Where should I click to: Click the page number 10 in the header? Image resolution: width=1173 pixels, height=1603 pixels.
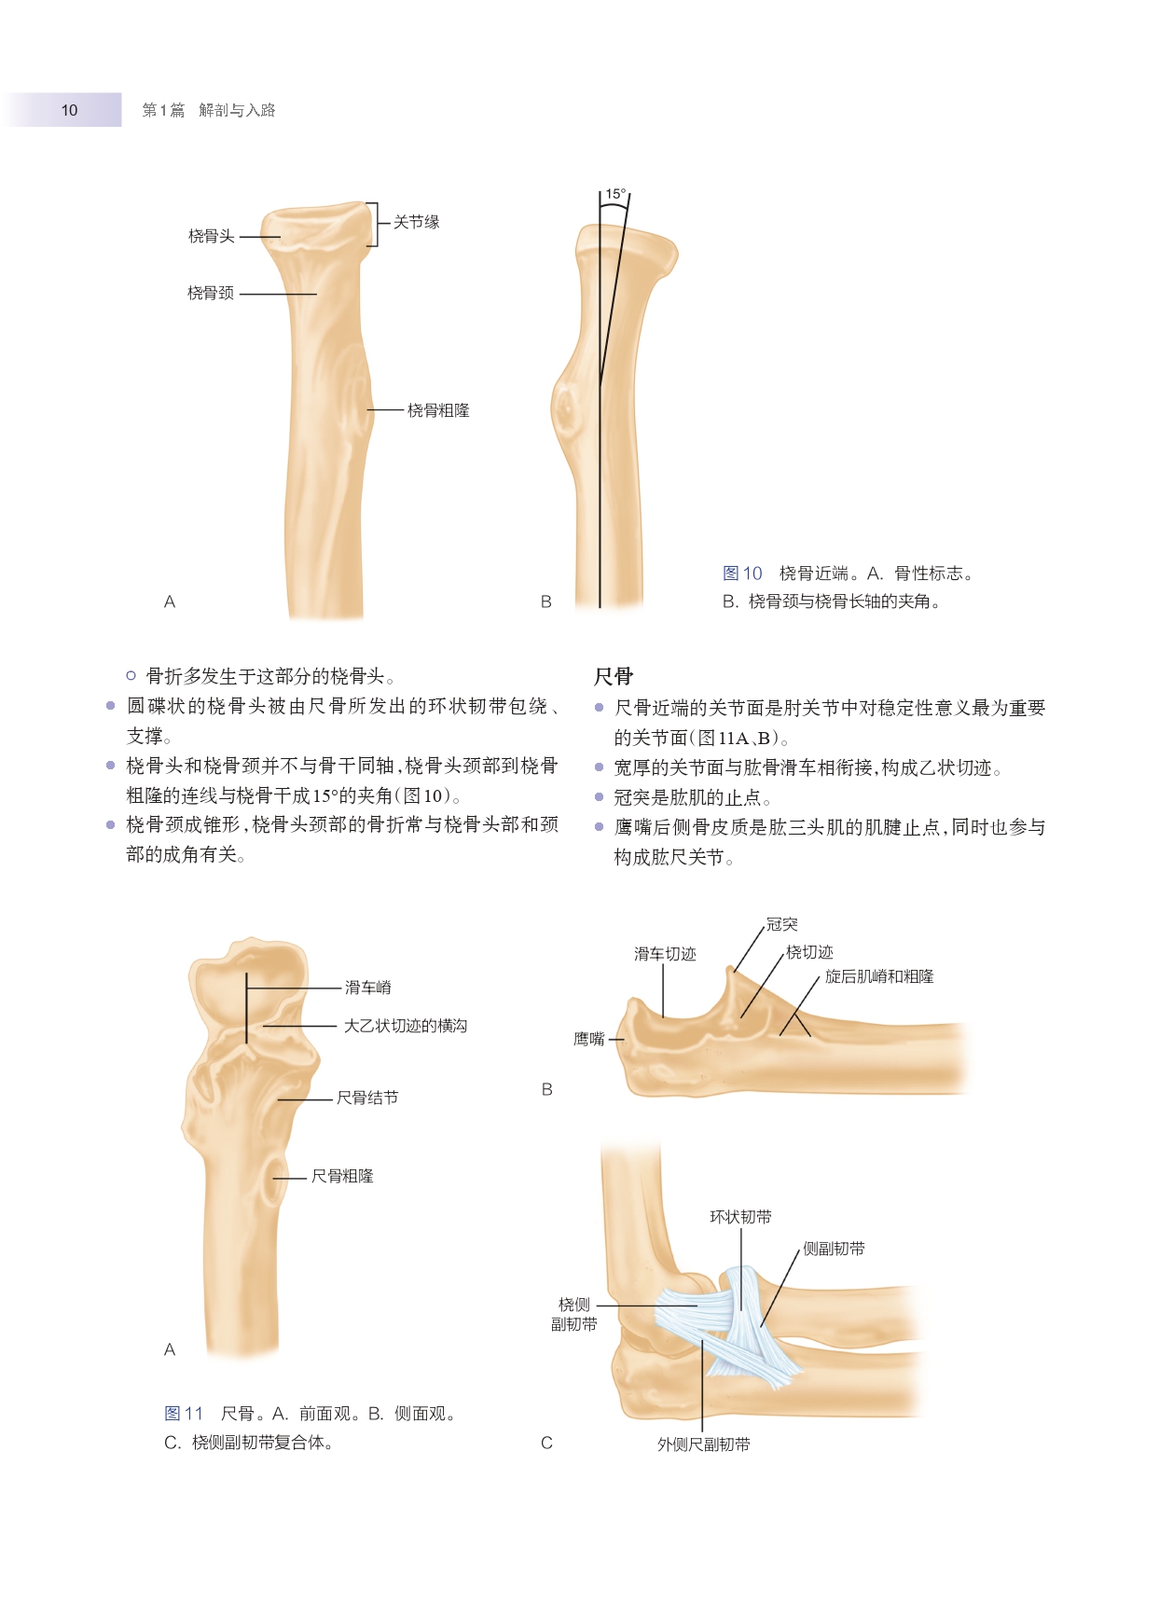pyautogui.click(x=69, y=110)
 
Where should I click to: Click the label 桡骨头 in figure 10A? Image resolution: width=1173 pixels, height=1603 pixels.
pyautogui.click(x=211, y=237)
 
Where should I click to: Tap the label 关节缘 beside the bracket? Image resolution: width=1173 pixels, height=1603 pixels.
pyautogui.click(x=416, y=222)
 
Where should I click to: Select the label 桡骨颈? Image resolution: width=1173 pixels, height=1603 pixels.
pyautogui.click(x=211, y=294)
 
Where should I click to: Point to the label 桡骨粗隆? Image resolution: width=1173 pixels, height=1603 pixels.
pyautogui.click(x=438, y=410)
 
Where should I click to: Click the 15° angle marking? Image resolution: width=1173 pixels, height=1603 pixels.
pyautogui.click(x=615, y=195)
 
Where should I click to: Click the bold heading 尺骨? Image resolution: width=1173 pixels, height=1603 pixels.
pyautogui.click(x=613, y=676)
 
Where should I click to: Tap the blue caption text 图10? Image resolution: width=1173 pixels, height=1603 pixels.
pyautogui.click(x=742, y=573)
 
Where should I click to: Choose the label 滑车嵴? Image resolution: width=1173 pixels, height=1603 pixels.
pyautogui.click(x=368, y=988)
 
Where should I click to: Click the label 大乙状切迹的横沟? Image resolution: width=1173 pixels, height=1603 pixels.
pyautogui.click(x=406, y=1026)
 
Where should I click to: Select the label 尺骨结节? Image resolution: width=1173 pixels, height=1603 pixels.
pyautogui.click(x=367, y=1099)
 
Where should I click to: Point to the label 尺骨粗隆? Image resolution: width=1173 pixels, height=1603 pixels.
pyautogui.click(x=342, y=1177)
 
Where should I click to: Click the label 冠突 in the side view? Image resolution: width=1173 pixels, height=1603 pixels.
pyautogui.click(x=781, y=924)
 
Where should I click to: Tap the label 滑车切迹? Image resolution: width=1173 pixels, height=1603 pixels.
pyautogui.click(x=665, y=954)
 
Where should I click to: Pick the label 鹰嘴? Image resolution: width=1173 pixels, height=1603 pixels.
pyautogui.click(x=589, y=1039)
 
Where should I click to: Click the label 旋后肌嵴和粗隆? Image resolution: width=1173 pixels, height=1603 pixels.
pyautogui.click(x=878, y=976)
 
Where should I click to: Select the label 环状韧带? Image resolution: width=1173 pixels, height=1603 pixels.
pyautogui.click(x=740, y=1217)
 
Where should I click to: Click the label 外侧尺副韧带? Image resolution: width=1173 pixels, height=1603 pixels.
pyautogui.click(x=703, y=1444)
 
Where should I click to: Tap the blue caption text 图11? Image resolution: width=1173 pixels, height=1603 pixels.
pyautogui.click(x=184, y=1414)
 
